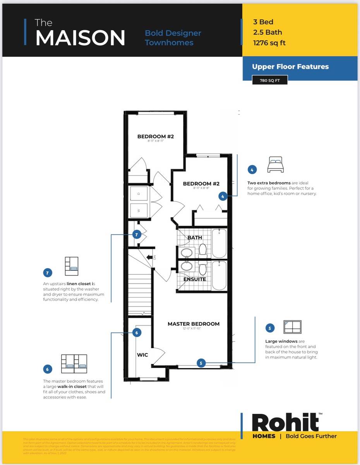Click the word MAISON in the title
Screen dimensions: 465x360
point(81,38)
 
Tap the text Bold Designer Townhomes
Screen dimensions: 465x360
point(173,38)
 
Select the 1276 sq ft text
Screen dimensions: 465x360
point(269,43)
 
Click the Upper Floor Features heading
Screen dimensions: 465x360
point(290,67)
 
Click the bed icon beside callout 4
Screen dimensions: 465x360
point(275,165)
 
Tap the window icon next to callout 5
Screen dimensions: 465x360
point(292,327)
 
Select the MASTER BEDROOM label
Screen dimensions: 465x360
point(193,324)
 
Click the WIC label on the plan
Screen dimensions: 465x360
point(142,355)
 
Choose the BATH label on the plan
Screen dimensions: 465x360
point(195,238)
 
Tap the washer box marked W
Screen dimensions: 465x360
point(138,210)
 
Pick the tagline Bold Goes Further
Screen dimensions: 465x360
point(311,436)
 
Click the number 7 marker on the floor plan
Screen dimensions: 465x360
point(137,234)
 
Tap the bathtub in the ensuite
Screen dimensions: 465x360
point(219,275)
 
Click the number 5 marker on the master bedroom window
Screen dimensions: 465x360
point(201,363)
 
